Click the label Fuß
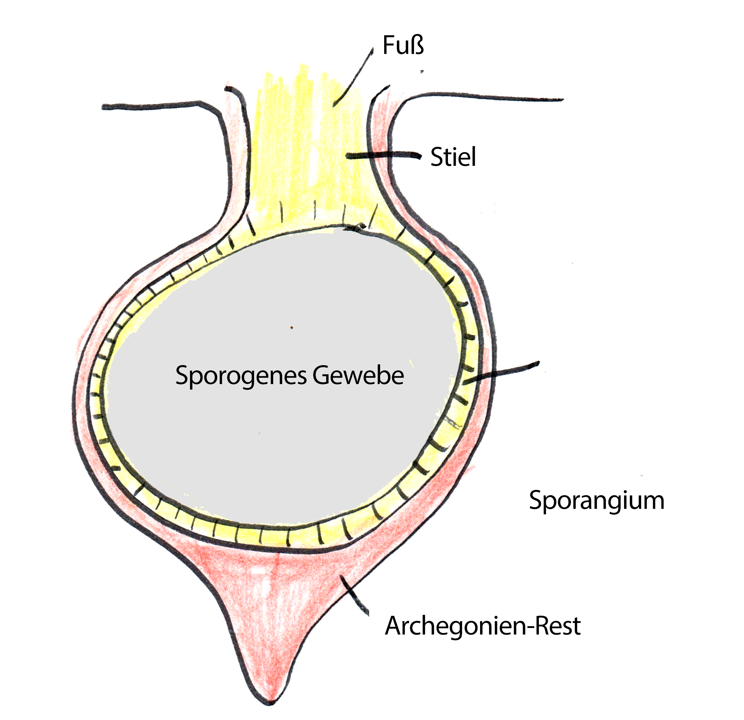click(x=403, y=45)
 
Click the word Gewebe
click(x=358, y=375)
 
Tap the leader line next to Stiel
click(x=383, y=155)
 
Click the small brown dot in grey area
click(x=291, y=328)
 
